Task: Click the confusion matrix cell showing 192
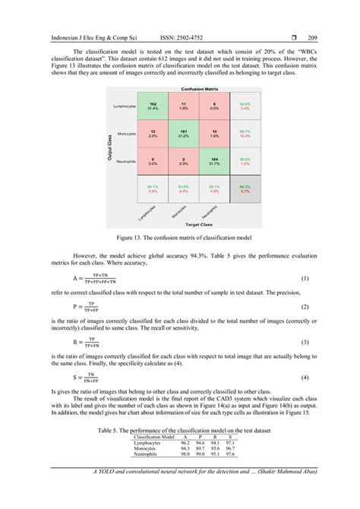[153, 106]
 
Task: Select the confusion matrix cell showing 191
[183, 134]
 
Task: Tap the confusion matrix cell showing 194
[213, 162]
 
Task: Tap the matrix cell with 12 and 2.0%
[153, 134]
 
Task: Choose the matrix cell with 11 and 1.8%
[183, 106]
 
